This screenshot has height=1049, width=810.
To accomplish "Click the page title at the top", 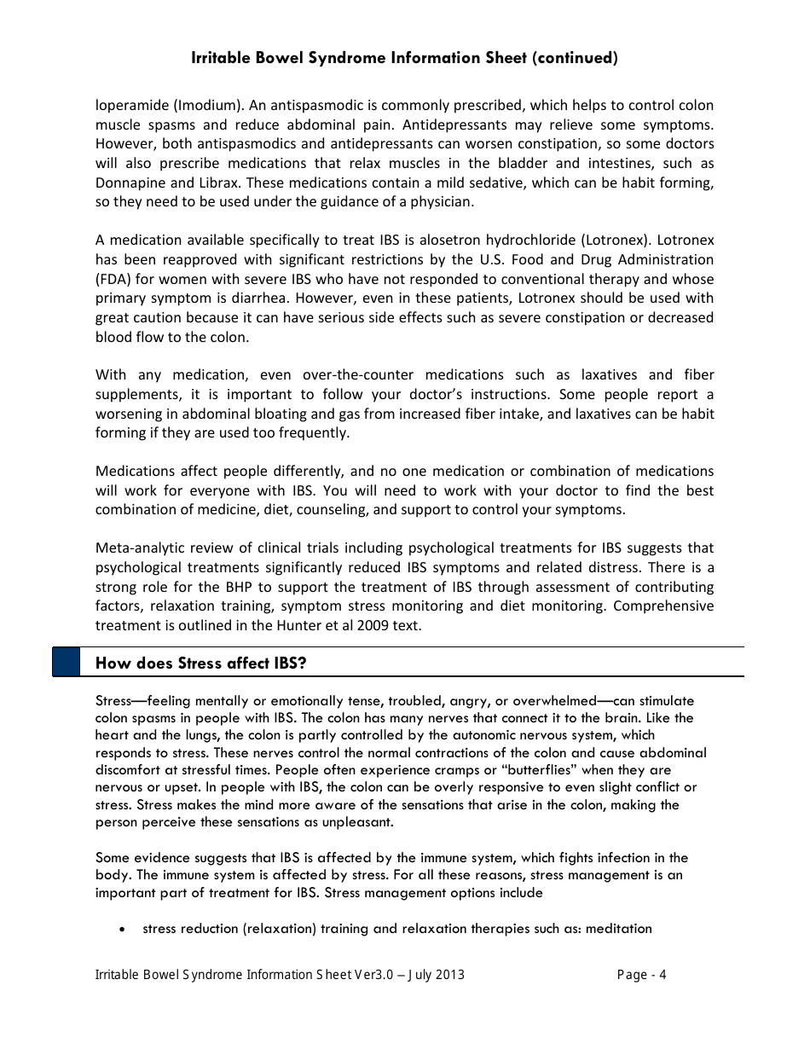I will tap(405, 58).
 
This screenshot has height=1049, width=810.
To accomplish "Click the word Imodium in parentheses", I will tap(203, 105).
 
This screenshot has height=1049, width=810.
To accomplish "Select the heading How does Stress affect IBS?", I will tap(200, 663).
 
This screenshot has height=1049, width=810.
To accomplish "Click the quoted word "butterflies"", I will tap(526, 770).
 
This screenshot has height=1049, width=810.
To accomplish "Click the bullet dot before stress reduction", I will tap(124, 930).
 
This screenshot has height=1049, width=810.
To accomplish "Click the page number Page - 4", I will tap(641, 975).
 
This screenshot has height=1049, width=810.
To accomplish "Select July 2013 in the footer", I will tap(436, 975).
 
